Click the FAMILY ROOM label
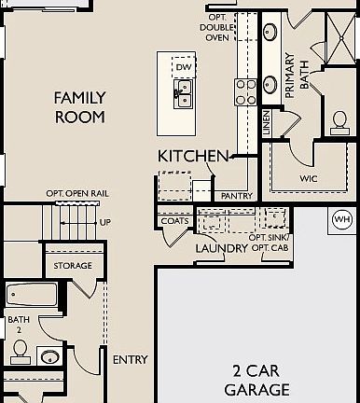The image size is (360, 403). click(78, 107)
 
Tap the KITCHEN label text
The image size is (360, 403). click(193, 156)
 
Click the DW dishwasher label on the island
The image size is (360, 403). click(183, 68)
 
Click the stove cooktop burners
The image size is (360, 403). click(245, 90)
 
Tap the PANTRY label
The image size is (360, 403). click(236, 196)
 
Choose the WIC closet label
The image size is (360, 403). click(310, 175)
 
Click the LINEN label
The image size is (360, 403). click(268, 123)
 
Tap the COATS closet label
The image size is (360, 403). click(174, 221)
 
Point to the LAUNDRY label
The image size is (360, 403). click(220, 248)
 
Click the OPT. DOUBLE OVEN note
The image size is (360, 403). click(217, 29)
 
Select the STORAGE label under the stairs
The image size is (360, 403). click(73, 266)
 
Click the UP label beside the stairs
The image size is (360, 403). click(104, 222)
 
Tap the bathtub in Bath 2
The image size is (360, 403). click(32, 296)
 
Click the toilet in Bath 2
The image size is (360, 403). click(19, 350)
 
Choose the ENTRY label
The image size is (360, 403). click(130, 359)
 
